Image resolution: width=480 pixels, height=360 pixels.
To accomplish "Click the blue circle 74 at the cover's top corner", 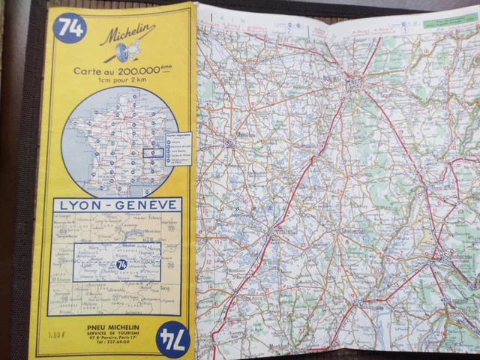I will click(70, 28).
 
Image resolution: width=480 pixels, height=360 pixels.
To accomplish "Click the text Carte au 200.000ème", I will click(120, 71).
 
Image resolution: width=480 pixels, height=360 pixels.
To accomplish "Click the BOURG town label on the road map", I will click(353, 77).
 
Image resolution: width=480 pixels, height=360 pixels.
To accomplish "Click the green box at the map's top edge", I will click(448, 22).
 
